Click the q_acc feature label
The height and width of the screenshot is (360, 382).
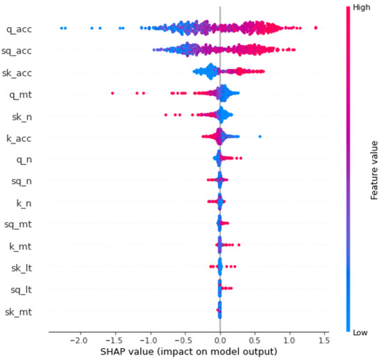[x=22, y=29]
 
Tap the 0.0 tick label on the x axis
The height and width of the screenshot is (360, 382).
[x=219, y=341]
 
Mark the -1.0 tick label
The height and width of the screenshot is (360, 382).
[x=149, y=341]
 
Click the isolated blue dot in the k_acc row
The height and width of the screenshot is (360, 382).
[x=260, y=136]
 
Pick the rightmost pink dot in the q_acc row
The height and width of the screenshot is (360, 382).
[x=316, y=28]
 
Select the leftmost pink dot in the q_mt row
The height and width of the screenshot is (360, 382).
[x=113, y=92]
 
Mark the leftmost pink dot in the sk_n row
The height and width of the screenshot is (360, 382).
[x=165, y=115]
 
